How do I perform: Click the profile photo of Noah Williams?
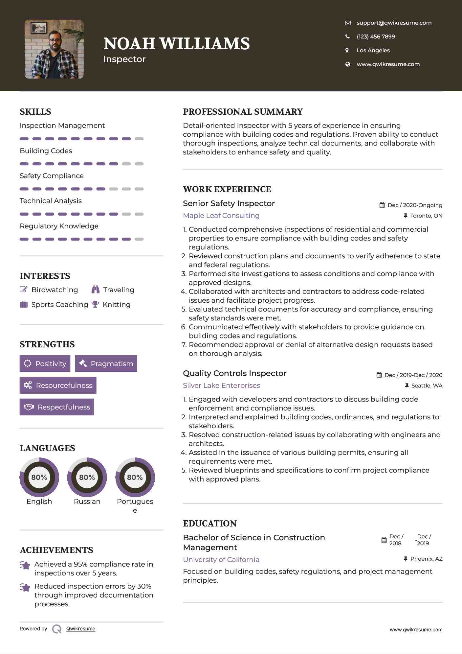pyautogui.click(x=54, y=49)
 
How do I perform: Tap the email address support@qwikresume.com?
pyautogui.click(x=394, y=23)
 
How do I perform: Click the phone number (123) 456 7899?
pyautogui.click(x=376, y=36)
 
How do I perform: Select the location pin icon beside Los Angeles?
pyautogui.click(x=347, y=50)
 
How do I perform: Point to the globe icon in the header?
pyautogui.click(x=347, y=64)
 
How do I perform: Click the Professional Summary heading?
pyautogui.click(x=243, y=112)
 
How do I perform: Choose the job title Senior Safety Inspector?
pyautogui.click(x=229, y=203)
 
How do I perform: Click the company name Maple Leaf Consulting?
pyautogui.click(x=221, y=216)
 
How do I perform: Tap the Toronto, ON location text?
pyautogui.click(x=426, y=216)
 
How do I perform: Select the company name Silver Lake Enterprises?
pyautogui.click(x=221, y=385)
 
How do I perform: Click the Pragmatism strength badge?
pyautogui.click(x=106, y=364)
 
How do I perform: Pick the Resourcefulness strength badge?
pyautogui.click(x=58, y=385)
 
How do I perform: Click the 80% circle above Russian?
pyautogui.click(x=87, y=477)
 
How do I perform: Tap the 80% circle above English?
pyautogui.click(x=39, y=477)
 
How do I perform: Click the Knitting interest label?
pyautogui.click(x=116, y=305)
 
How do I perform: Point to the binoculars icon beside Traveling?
pyautogui.click(x=96, y=290)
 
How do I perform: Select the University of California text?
pyautogui.click(x=221, y=560)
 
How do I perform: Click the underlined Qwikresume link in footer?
pyautogui.click(x=81, y=629)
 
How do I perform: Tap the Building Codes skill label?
pyautogui.click(x=46, y=151)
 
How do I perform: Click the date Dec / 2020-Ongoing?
pyautogui.click(x=415, y=205)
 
